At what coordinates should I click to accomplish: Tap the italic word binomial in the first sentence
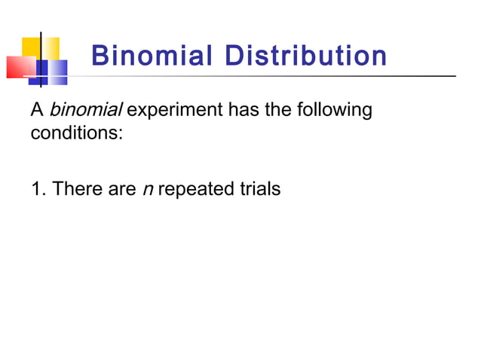[85, 111]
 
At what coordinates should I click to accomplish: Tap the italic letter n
[147, 189]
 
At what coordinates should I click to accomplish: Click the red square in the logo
[19, 67]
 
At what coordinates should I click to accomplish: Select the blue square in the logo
[53, 72]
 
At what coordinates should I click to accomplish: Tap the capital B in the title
[99, 56]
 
